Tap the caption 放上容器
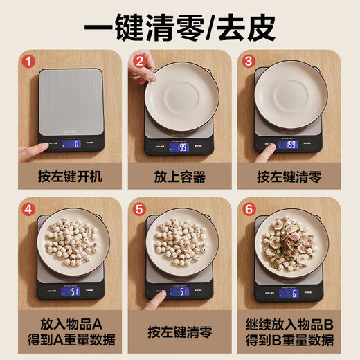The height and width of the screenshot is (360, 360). (180, 177)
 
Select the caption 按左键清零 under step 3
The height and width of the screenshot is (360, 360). (289, 177)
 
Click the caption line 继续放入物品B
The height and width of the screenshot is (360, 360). (289, 323)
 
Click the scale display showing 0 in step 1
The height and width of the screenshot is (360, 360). (71, 144)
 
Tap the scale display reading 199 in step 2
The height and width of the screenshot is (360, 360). (181, 146)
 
